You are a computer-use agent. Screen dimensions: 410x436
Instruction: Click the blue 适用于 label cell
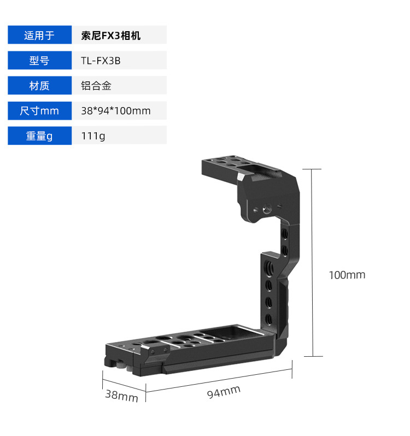click(39, 36)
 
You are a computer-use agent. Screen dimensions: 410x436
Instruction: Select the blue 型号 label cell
click(39, 61)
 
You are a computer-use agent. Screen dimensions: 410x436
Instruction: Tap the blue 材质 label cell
click(39, 86)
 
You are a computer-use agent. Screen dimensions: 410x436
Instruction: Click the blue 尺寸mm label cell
click(39, 111)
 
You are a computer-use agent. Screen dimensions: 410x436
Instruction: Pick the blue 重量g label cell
click(39, 136)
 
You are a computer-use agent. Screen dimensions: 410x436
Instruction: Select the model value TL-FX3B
click(101, 61)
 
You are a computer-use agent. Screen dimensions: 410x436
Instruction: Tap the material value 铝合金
click(96, 86)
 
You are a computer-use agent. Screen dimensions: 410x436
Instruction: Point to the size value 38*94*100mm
click(115, 111)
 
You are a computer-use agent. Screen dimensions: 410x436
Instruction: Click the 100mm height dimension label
click(347, 275)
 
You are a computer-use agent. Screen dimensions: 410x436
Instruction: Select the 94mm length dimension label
click(224, 392)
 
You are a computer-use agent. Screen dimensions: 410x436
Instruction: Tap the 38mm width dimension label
click(121, 396)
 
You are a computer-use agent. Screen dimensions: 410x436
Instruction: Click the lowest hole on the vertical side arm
click(269, 318)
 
